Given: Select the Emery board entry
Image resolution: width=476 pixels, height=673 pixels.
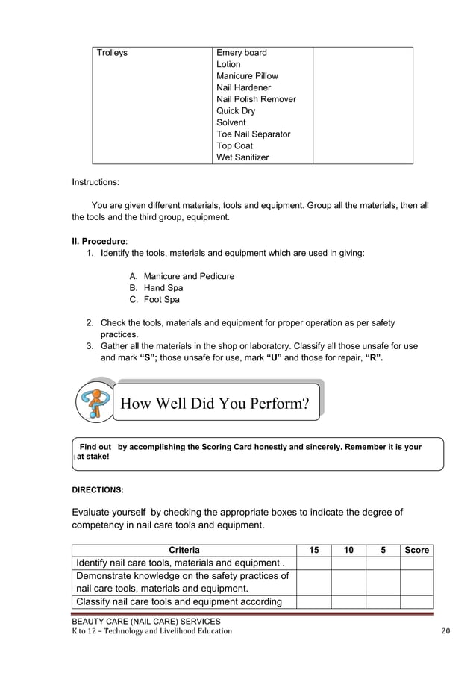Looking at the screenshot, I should pyautogui.click(x=241, y=53).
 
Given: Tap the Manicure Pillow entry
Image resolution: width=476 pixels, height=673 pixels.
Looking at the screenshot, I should pyautogui.click(x=247, y=76).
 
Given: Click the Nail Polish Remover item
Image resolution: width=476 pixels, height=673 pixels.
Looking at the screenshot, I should pyautogui.click(x=256, y=99).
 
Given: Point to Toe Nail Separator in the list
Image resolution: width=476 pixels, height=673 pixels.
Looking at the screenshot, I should pyautogui.click(x=253, y=134).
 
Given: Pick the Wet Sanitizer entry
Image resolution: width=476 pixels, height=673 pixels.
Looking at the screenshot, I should pyautogui.click(x=242, y=157).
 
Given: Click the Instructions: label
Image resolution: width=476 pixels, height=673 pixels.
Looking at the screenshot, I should pyautogui.click(x=95, y=181).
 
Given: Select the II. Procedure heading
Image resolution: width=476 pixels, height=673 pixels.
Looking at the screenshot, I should pyautogui.click(x=98, y=242).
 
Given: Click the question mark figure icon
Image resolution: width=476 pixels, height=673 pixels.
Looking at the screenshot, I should pyautogui.click(x=95, y=403).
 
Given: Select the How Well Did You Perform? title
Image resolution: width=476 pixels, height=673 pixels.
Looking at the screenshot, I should pyautogui.click(x=214, y=404).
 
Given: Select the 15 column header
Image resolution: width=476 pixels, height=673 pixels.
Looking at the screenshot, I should pyautogui.click(x=314, y=551).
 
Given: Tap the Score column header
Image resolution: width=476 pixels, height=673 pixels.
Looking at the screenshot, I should pyautogui.click(x=416, y=551).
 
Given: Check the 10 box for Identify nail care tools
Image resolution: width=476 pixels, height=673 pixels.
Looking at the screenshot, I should pyautogui.click(x=348, y=563).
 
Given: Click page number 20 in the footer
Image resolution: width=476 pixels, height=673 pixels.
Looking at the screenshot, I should pyautogui.click(x=446, y=631).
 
